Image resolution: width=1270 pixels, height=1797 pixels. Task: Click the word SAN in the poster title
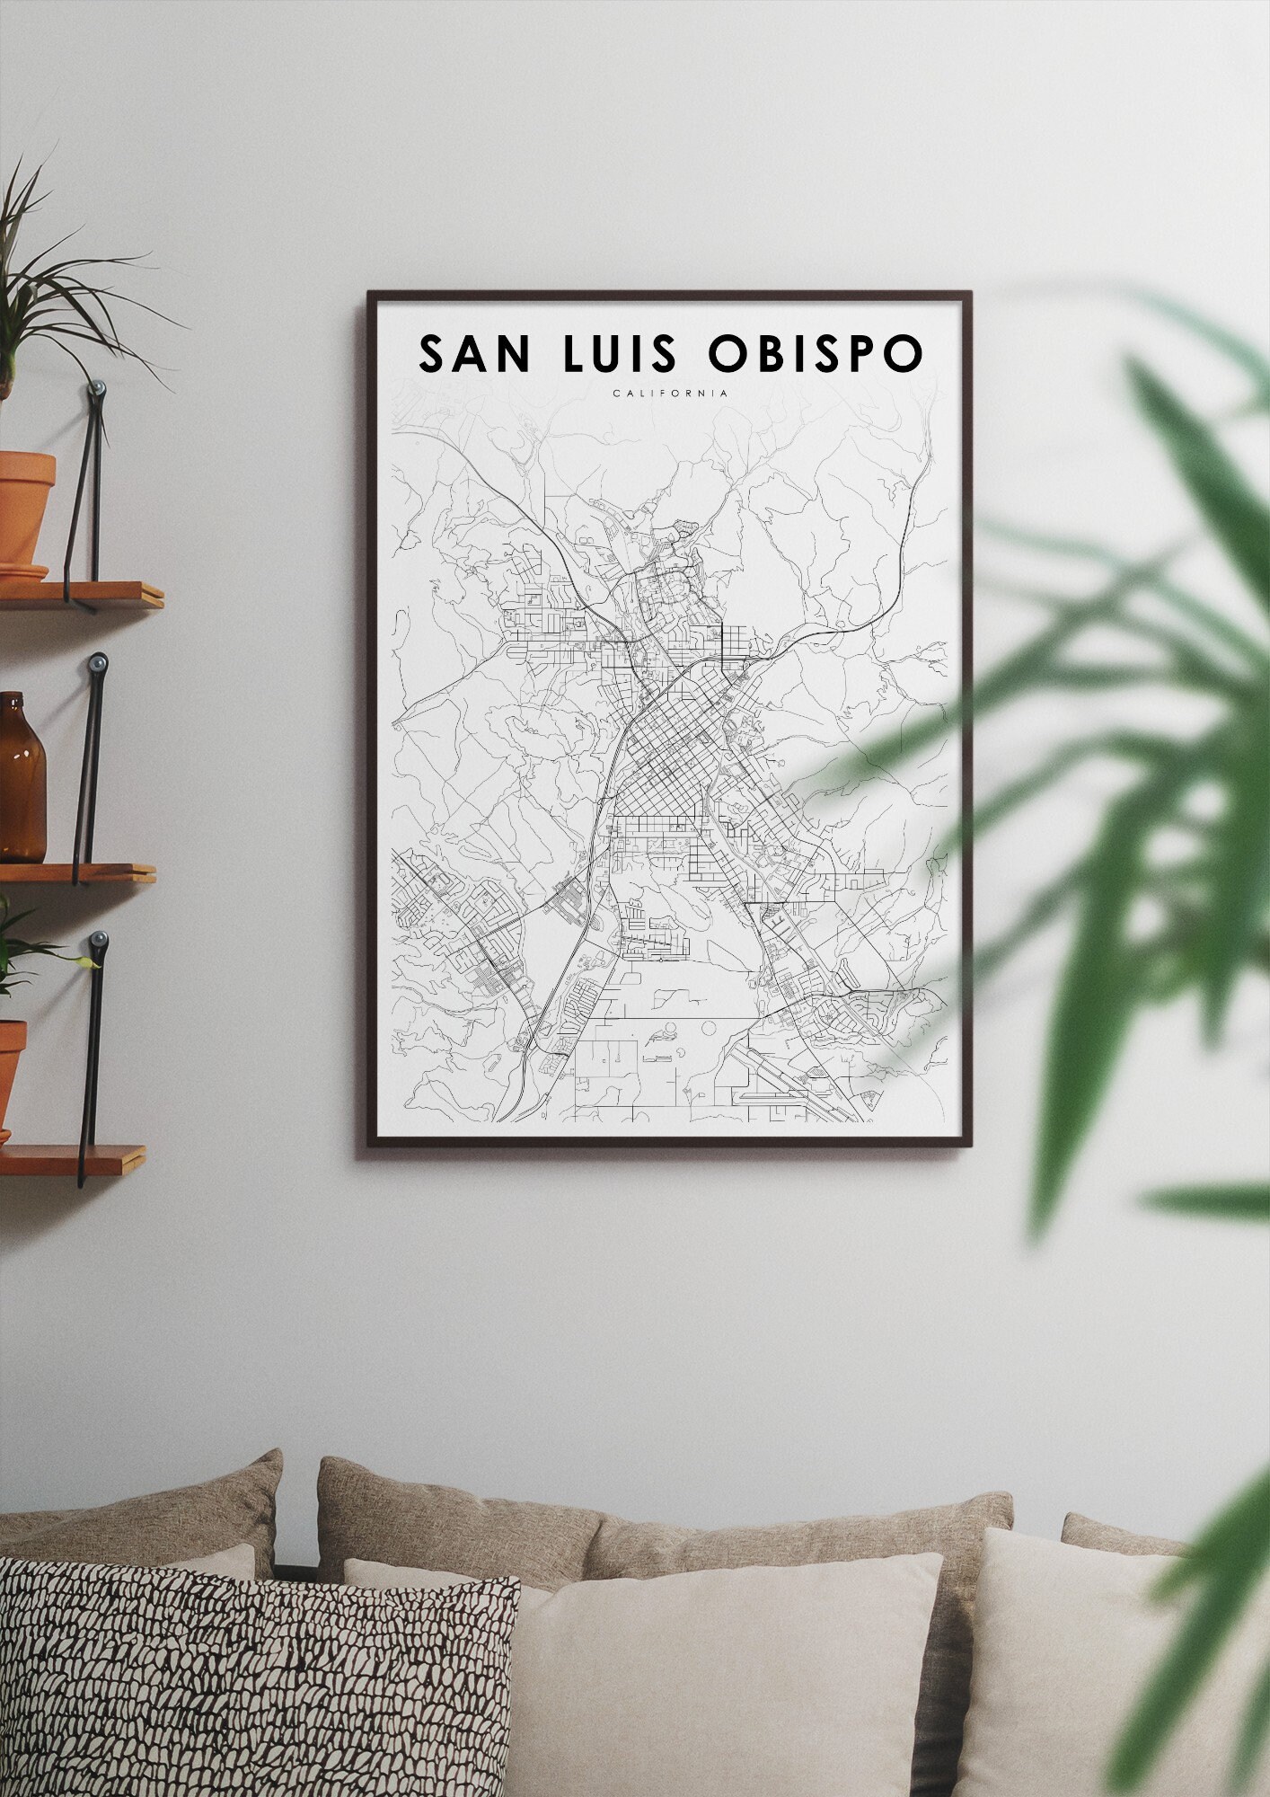pyautogui.click(x=475, y=354)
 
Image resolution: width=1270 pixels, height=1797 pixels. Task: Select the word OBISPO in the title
pyautogui.click(x=815, y=354)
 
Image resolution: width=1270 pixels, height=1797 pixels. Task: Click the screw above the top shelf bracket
pyautogui.click(x=98, y=388)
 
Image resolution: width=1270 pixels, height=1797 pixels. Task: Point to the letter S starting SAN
pyautogui.click(x=434, y=354)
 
